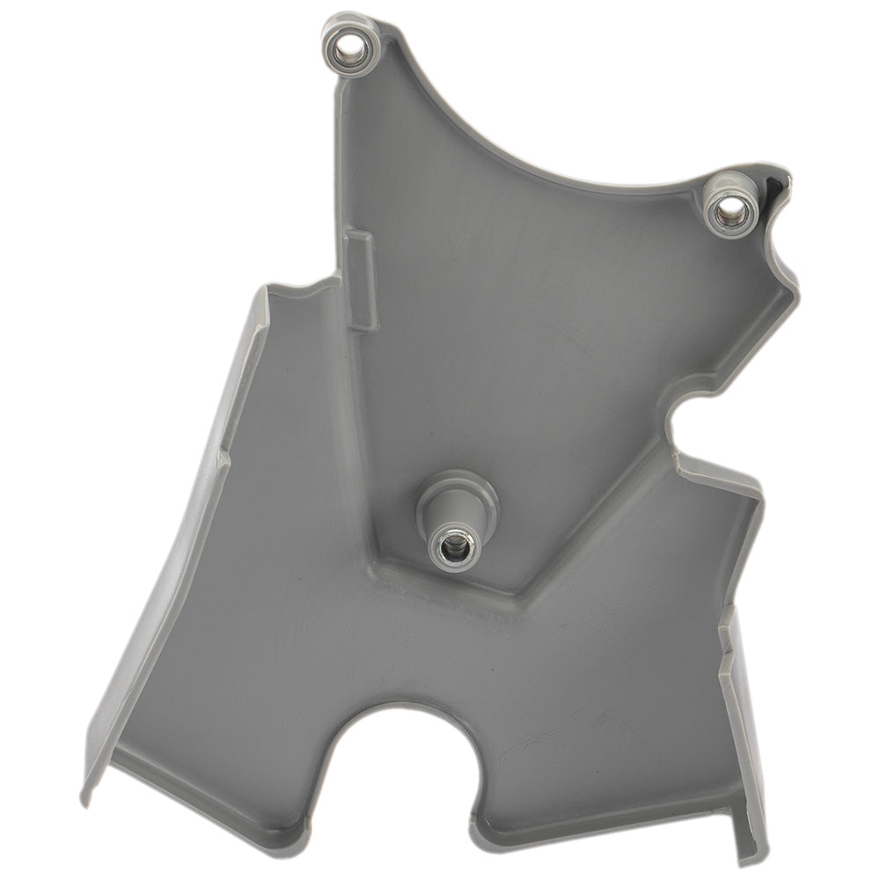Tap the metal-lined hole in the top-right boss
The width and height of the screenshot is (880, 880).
click(x=729, y=209)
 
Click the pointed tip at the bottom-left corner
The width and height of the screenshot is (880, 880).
click(x=85, y=796)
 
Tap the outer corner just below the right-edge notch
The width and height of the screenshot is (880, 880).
click(x=757, y=484)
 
